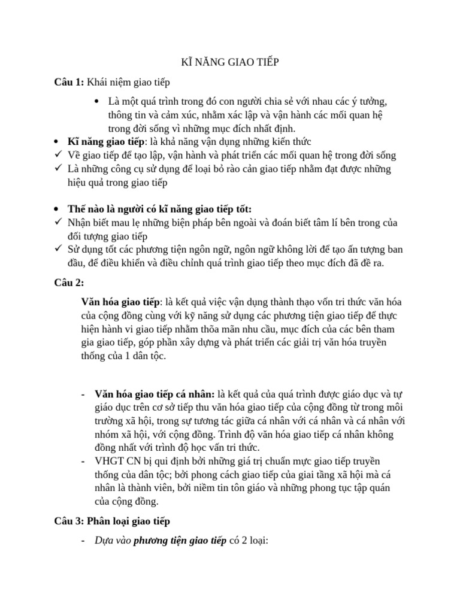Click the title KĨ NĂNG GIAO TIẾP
click(230, 62)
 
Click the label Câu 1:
click(69, 82)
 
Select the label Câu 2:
click(69, 282)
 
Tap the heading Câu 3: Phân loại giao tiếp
click(112, 521)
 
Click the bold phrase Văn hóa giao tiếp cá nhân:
click(155, 393)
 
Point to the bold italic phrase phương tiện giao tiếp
click(180, 541)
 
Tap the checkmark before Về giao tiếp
click(57, 155)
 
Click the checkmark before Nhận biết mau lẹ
click(57, 222)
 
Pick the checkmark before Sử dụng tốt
click(57, 249)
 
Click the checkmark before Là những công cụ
click(57, 169)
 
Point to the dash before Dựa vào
click(82, 541)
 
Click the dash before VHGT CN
click(82, 460)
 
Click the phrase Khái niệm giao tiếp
click(132, 82)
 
